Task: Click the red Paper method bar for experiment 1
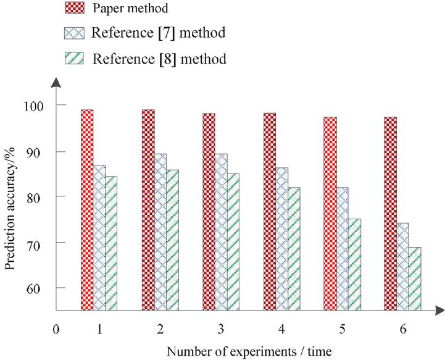click(87, 210)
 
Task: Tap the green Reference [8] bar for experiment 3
click(233, 241)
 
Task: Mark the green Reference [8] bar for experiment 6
click(414, 278)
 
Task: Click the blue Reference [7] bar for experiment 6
click(402, 266)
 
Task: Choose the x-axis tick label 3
click(221, 329)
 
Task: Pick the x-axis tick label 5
click(343, 329)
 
